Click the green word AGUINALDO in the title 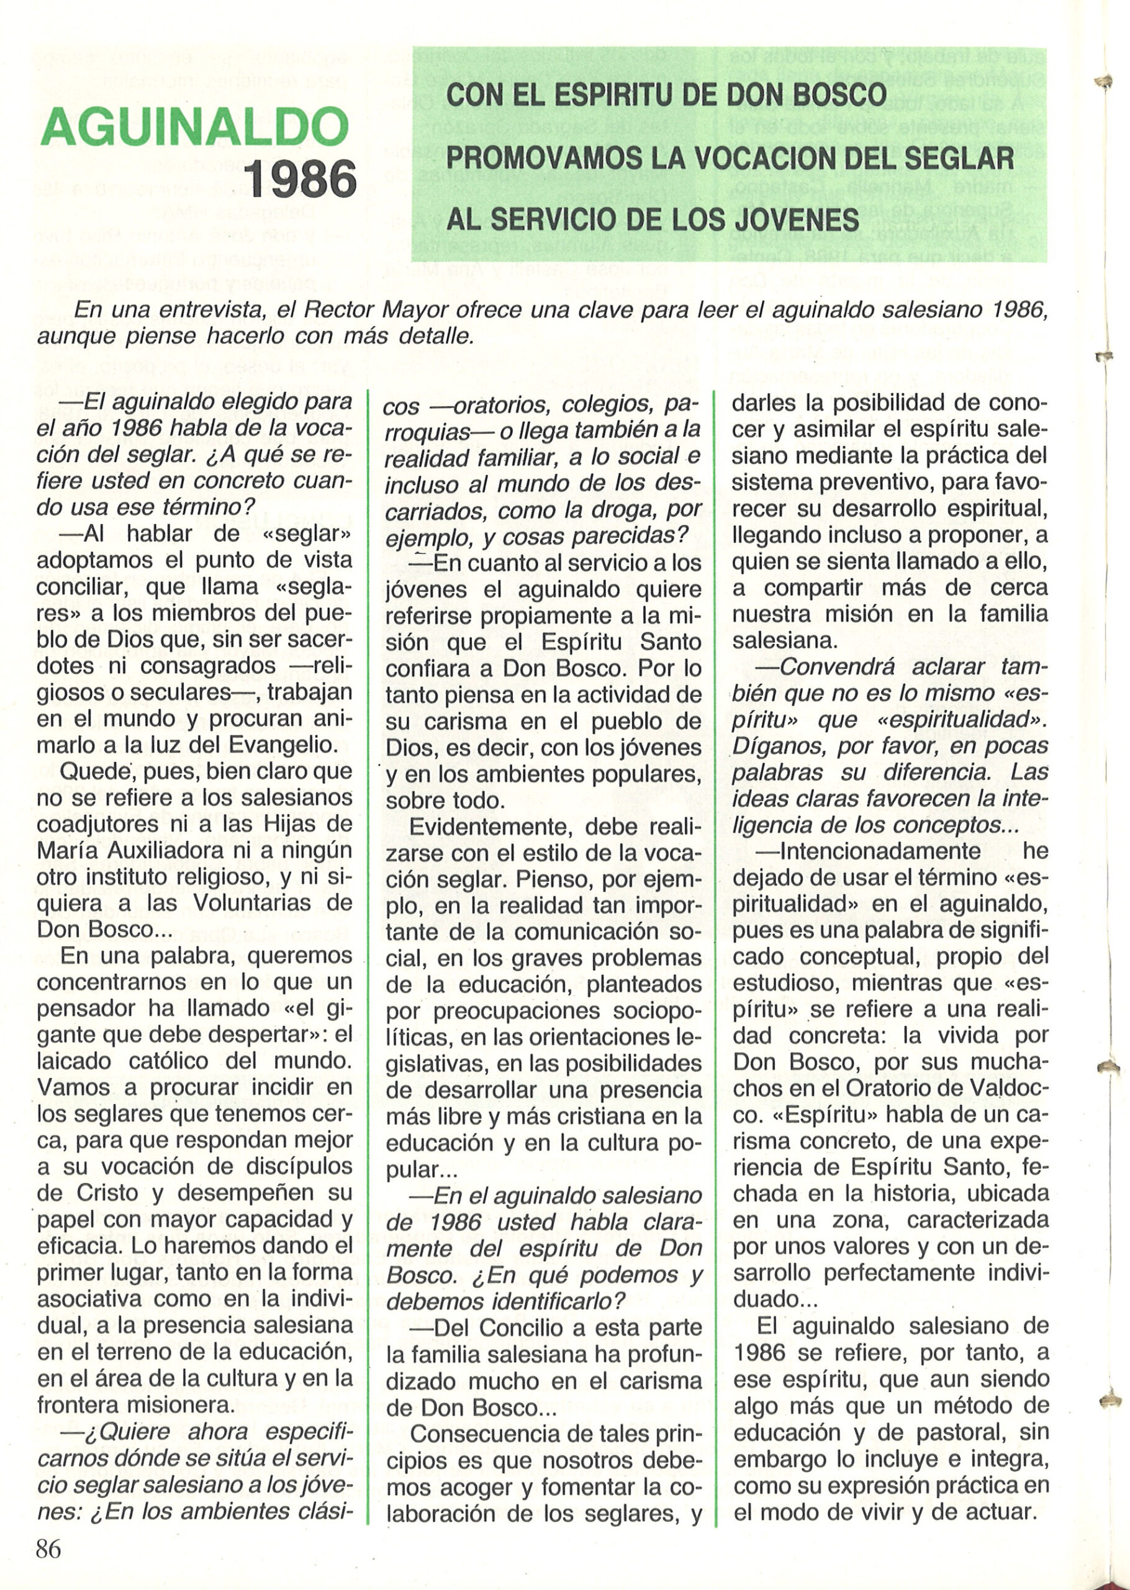[x=195, y=127]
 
